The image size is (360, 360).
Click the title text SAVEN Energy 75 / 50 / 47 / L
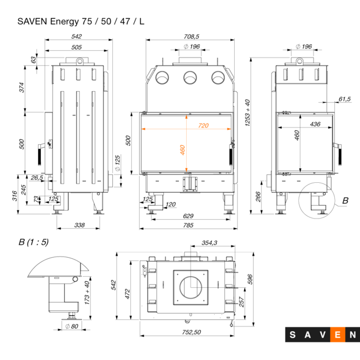pyautogui.click(x=80, y=22)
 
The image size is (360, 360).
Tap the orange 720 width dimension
pyautogui.click(x=203, y=125)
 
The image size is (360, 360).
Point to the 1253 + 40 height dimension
pyautogui.click(x=247, y=113)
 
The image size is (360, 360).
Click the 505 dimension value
pyautogui.click(x=77, y=47)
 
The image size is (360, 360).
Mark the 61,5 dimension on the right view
pyautogui.click(x=344, y=99)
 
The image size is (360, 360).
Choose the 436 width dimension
pyautogui.click(x=315, y=124)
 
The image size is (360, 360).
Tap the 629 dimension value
pyautogui.click(x=188, y=215)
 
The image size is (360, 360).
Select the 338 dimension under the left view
pyautogui.click(x=79, y=225)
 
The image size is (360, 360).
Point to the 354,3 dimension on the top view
pyautogui.click(x=209, y=243)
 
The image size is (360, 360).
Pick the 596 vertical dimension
pyautogui.click(x=250, y=278)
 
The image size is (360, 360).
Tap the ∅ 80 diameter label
pyautogui.click(x=71, y=326)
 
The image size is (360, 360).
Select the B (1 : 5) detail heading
pyautogui.click(x=34, y=242)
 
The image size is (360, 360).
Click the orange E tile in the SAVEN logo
pyautogui.click(x=338, y=335)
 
